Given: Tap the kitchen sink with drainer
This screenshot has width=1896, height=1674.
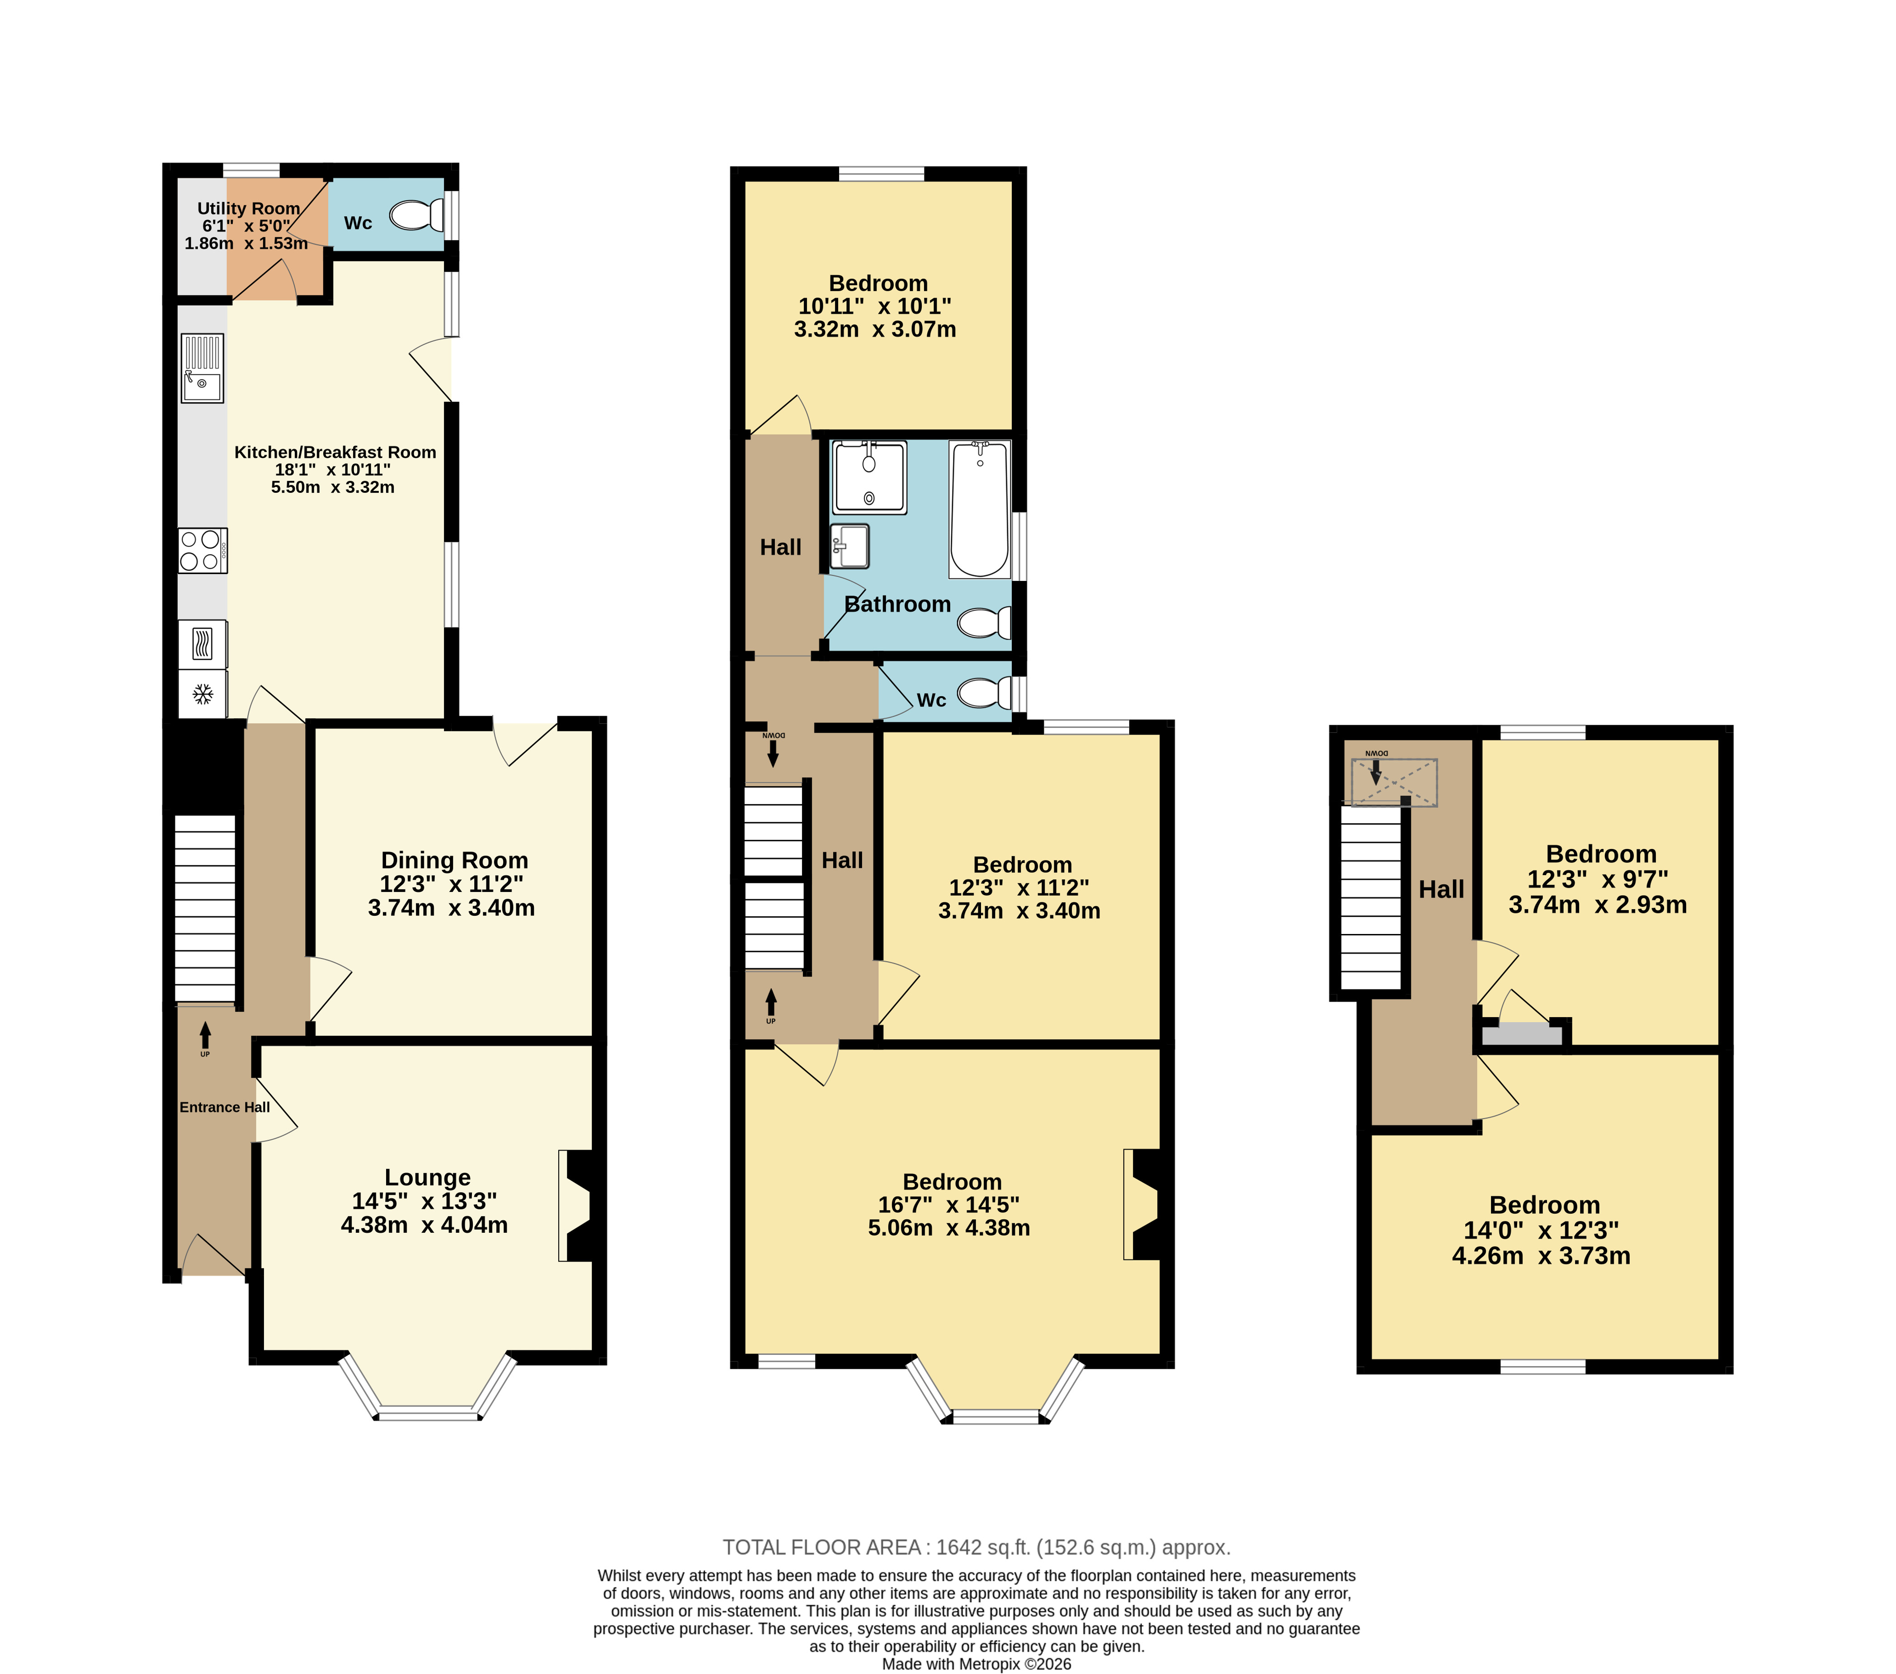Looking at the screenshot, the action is (x=202, y=368).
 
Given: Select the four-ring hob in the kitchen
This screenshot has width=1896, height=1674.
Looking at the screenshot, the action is (x=202, y=550).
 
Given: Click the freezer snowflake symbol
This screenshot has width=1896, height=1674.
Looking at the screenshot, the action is (x=202, y=694).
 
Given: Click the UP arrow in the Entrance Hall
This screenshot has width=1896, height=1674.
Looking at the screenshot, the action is (x=205, y=1036).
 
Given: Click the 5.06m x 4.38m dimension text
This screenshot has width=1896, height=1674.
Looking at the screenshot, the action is (x=949, y=1228).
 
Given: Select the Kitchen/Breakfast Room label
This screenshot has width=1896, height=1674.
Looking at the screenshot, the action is (x=335, y=452).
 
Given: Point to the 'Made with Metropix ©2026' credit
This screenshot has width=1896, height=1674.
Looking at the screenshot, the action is (x=977, y=1664).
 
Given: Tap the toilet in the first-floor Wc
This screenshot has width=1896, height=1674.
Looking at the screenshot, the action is (x=985, y=693).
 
